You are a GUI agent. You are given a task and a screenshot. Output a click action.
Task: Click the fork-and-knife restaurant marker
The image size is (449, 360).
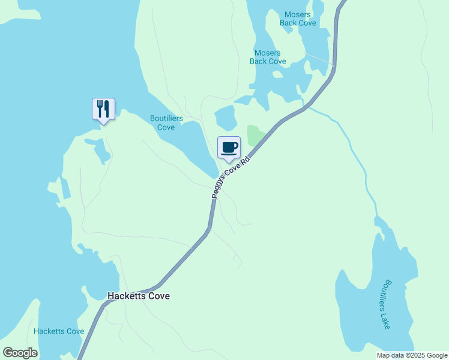coord(103,109)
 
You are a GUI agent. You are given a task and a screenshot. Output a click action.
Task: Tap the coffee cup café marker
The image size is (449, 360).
coord(229,148)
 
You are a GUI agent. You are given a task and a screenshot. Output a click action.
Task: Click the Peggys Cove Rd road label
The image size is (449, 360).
coord(231,178)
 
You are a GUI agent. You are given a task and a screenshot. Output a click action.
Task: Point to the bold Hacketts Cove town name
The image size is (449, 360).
coord(138,296)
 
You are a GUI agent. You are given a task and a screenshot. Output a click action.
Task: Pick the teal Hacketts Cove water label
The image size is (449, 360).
coord(59,331)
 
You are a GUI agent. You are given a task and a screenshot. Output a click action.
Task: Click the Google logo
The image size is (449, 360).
coord(20,353)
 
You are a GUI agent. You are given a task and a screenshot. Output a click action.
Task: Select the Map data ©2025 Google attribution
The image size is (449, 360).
coord(412,355)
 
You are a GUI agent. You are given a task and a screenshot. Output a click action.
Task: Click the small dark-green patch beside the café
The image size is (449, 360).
coord(255,136)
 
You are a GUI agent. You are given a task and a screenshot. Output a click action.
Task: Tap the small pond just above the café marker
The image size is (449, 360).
coord(225,118)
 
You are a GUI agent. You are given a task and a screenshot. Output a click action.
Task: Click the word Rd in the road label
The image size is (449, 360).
coord(244,163)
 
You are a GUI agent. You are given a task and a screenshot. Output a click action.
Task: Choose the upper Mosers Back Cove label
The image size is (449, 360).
coord(298,19)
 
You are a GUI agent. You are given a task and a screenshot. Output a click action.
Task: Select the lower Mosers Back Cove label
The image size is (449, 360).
coord(268,57)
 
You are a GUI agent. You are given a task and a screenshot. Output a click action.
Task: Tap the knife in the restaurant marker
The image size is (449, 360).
coord(107,109)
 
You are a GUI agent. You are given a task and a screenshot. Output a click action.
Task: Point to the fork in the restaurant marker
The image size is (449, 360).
coord(99,109)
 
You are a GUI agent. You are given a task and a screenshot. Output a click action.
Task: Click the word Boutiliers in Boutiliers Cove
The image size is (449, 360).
coord(166,119)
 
